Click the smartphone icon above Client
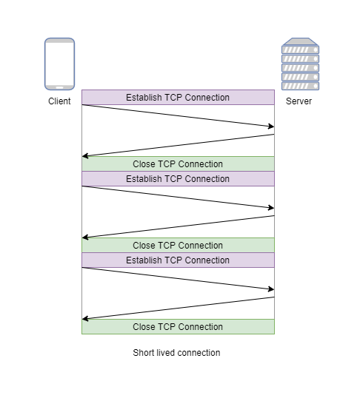[x=59, y=64]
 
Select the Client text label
[x=59, y=101]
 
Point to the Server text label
[x=299, y=101]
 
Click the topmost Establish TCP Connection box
[x=178, y=98]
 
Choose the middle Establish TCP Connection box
[x=178, y=179]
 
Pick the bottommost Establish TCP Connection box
[x=178, y=260]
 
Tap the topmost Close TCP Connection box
[x=178, y=164]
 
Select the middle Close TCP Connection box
[x=178, y=246]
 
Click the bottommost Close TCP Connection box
[x=178, y=327]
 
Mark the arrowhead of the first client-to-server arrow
[x=270, y=127]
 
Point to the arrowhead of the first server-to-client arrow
[x=85, y=156]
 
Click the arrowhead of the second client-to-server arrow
[x=270, y=208]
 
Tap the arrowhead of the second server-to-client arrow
[x=85, y=237]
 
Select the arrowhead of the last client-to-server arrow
[x=270, y=289]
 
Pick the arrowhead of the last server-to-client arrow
[x=85, y=319]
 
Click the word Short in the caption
[x=144, y=353]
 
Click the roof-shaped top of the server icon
[x=300, y=42]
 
